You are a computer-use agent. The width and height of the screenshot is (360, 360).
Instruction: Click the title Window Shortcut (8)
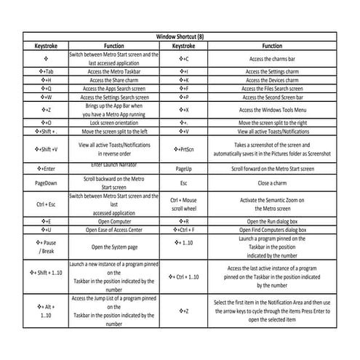tap(185, 36)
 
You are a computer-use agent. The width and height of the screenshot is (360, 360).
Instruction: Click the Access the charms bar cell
tap(271, 58)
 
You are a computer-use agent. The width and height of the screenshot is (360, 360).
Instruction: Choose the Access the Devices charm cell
tap(271, 80)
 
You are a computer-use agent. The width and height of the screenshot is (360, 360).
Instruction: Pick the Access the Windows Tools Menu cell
tap(271, 109)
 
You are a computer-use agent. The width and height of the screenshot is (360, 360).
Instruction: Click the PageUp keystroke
tap(184, 168)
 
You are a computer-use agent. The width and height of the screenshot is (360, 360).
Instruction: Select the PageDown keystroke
tap(45, 183)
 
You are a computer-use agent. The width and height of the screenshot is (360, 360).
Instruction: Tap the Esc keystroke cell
tap(184, 183)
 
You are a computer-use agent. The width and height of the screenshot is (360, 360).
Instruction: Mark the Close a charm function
tap(271, 183)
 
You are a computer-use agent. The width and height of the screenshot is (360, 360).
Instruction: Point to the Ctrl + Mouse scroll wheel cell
tap(184, 204)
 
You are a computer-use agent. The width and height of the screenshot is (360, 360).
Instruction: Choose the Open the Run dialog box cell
tap(271, 220)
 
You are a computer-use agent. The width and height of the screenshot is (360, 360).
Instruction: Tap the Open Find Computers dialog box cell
tap(271, 229)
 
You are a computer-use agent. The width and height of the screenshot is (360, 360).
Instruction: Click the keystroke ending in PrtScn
tap(184, 149)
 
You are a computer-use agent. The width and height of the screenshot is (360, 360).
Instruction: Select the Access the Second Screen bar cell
tap(271, 96)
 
